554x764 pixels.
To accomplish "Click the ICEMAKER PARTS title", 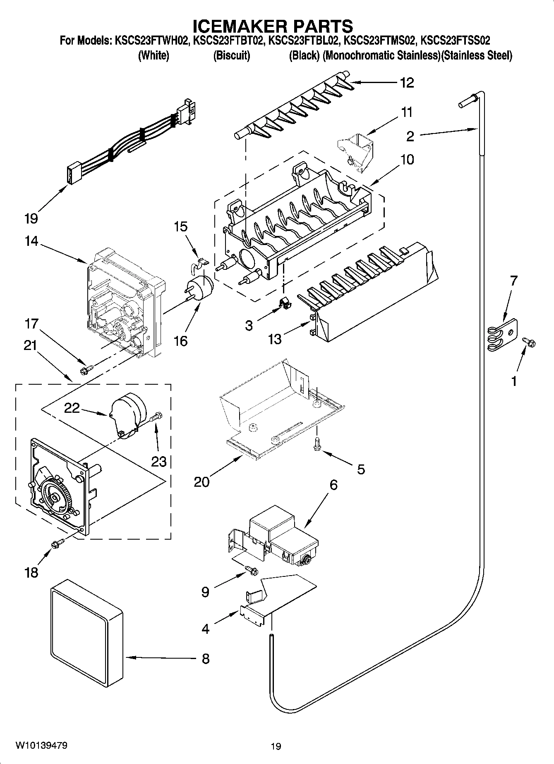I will (273, 26).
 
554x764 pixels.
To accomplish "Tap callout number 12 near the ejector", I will (407, 83).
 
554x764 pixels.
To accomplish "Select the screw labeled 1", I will (529, 342).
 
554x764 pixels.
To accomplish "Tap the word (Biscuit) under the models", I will (232, 55).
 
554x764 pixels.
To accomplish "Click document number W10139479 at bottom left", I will (41, 745).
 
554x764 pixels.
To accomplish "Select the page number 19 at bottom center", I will (276, 746).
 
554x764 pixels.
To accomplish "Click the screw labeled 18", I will (57, 545).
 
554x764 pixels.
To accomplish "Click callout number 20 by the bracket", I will (201, 481).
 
